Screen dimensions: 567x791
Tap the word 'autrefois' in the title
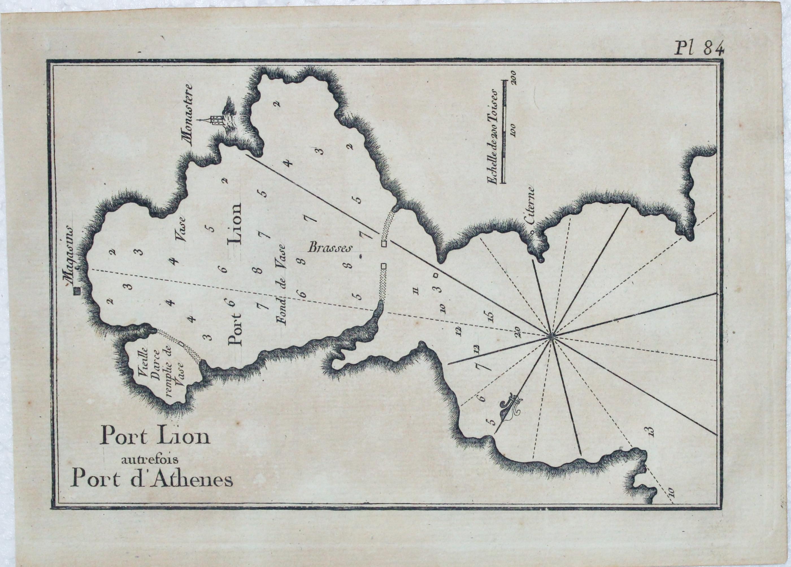(x=154, y=460)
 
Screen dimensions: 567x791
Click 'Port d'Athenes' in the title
(x=151, y=479)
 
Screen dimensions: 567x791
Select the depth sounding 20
(x=518, y=331)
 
